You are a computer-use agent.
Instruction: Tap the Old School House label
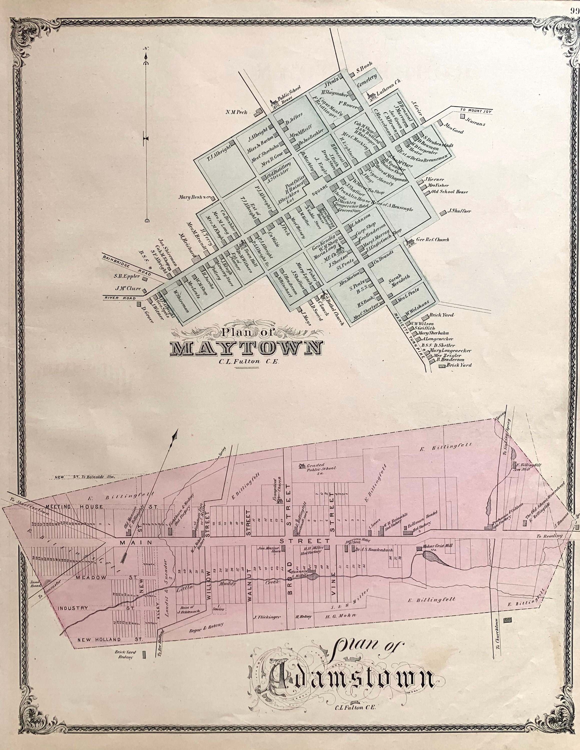pos(449,192)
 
